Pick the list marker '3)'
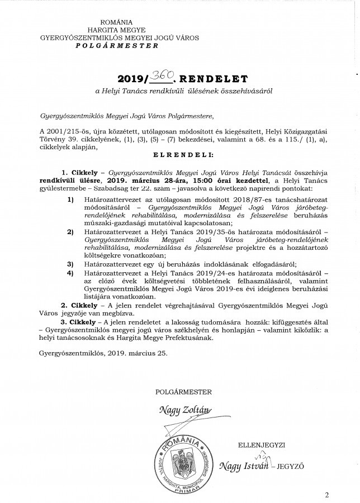pyautogui.click(x=70, y=263)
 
